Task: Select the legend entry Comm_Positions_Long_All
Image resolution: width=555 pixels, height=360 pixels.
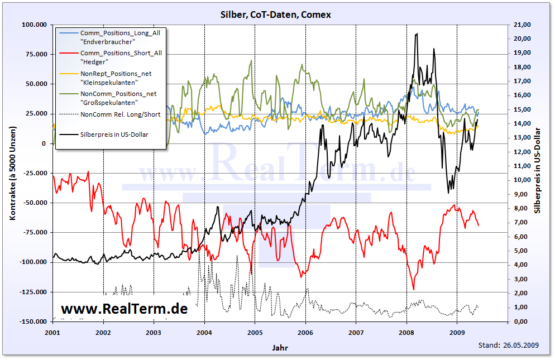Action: [x=120, y=33]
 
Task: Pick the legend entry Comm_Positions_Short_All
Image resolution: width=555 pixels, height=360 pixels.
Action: [x=121, y=53]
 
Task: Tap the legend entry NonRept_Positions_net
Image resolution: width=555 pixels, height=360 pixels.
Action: [x=116, y=73]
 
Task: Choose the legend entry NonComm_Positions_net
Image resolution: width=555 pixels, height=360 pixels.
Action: [x=118, y=94]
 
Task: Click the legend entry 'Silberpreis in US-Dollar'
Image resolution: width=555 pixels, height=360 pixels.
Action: [x=114, y=134]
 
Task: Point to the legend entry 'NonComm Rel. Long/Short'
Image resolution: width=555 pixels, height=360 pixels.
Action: [x=120, y=114]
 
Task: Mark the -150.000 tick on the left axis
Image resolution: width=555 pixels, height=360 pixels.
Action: [x=34, y=322]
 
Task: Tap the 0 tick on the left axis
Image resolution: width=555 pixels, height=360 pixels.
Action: [x=44, y=143]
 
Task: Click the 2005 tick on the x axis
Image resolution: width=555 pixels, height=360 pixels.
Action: [x=255, y=332]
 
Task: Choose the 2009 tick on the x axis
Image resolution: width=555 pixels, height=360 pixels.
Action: [x=457, y=332]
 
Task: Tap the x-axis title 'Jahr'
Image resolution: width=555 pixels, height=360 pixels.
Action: [x=280, y=348]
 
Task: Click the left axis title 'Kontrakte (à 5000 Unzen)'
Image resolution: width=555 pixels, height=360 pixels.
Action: [x=12, y=173]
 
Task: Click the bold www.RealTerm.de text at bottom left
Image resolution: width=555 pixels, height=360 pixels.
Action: [x=124, y=309]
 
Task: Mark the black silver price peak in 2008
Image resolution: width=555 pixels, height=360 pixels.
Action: [x=416, y=34]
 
